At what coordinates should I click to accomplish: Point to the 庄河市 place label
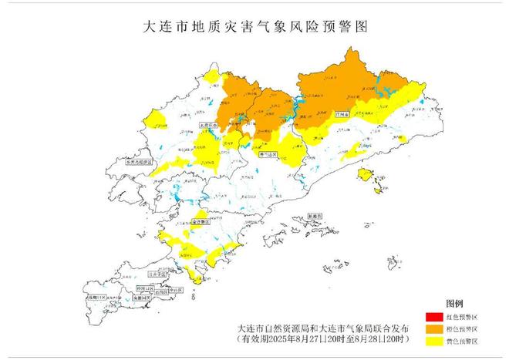point(342,113)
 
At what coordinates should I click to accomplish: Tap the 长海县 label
point(315,217)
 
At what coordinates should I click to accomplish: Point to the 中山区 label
point(176,290)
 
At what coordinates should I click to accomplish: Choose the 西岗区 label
point(160,293)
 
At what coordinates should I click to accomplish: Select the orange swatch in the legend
point(433,329)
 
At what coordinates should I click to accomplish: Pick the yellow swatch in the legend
point(433,341)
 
